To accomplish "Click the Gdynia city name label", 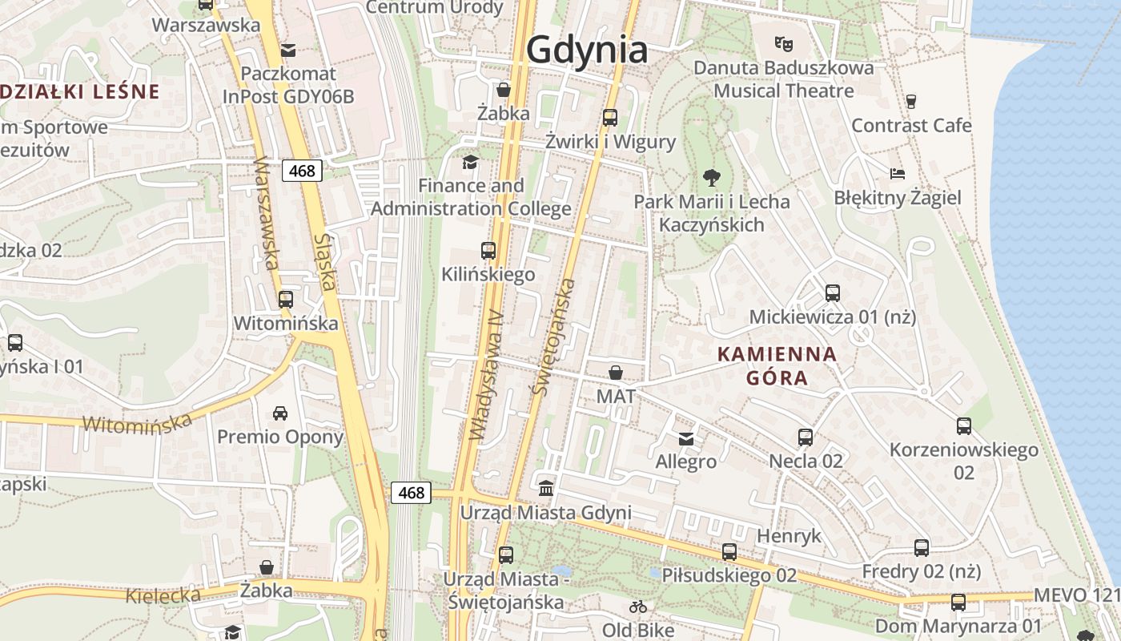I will pos(587,50).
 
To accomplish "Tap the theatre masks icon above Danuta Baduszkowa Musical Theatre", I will pos(783,43).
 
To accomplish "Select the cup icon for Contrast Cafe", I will pos(910,101).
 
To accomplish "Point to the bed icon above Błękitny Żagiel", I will pos(898,173).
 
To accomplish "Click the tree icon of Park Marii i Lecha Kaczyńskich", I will pos(711,178).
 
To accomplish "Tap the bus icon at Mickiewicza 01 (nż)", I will pos(832,293).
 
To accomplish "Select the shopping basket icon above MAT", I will pos(616,373).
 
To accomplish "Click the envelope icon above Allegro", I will pos(686,438).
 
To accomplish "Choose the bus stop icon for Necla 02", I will pos(806,437).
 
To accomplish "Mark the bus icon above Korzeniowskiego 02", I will pos(964,426).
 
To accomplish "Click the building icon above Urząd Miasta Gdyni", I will pos(546,488).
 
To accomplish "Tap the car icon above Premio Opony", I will pos(280,413).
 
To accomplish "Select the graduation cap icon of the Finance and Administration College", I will pos(471,162).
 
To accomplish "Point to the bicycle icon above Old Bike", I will pos(638,607).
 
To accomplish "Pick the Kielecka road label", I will pos(163,595).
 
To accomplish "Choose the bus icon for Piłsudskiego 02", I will pos(729,551).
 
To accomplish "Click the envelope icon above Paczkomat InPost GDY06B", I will pos(288,50).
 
